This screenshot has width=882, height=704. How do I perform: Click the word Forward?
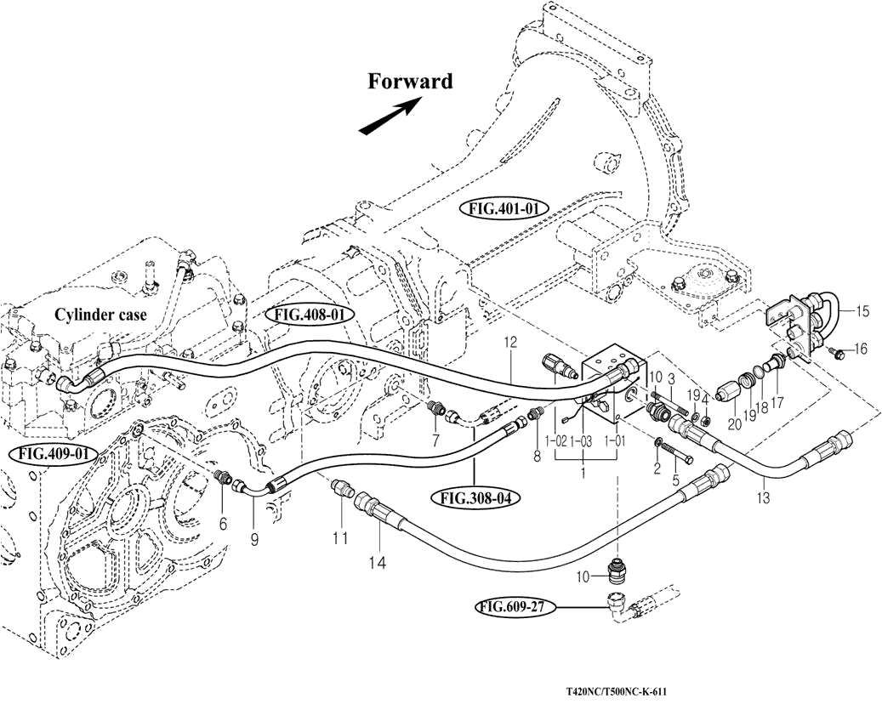410,82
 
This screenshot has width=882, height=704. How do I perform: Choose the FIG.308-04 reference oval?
475,497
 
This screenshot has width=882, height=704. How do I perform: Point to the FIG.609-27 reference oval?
516,607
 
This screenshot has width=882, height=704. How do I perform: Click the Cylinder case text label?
100,315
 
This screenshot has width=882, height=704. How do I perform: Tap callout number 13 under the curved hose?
763,498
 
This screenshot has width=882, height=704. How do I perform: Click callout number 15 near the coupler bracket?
862,312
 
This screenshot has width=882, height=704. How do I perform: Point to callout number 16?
861,348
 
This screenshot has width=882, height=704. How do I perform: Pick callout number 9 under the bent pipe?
253,538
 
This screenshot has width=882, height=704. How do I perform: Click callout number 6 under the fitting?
224,525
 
